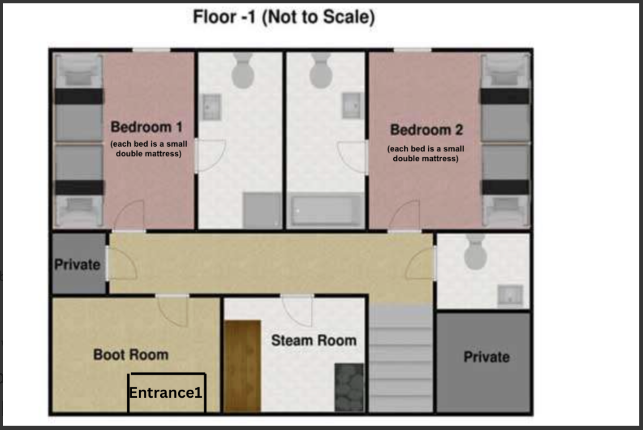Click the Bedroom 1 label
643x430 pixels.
[146, 127]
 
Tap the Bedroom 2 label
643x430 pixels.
[426, 130]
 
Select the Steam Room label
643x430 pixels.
[314, 341]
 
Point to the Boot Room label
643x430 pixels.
[131, 355]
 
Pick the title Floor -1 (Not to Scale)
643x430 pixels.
[284, 17]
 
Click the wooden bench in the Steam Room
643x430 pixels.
[242, 366]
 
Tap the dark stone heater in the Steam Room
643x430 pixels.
[349, 387]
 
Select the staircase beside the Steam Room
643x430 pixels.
[401, 359]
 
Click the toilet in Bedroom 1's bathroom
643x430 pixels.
[243, 71]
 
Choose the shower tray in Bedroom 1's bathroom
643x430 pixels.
[262, 210]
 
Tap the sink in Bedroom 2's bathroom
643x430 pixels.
[352, 105]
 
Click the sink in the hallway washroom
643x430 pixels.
[510, 296]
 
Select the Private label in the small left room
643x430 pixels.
[77, 265]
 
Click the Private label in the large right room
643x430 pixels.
[487, 357]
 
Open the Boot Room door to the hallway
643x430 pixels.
[172, 311]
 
